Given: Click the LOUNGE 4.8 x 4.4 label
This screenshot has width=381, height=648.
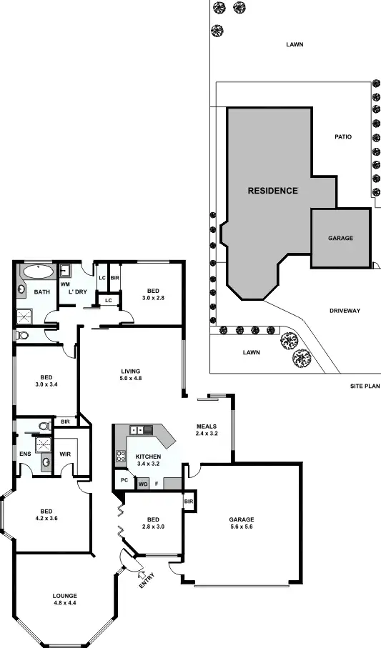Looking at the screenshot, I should [x=64, y=599].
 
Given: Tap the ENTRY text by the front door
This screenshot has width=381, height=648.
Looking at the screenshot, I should [x=147, y=582].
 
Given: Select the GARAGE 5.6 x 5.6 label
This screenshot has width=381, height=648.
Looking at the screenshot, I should [x=242, y=523].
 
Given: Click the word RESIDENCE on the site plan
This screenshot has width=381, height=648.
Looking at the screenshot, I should [x=272, y=191].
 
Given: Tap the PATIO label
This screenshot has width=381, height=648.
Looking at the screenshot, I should [x=343, y=136].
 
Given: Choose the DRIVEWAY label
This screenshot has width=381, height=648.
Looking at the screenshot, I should [x=345, y=311].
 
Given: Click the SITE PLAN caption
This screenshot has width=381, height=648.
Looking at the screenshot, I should [x=365, y=386].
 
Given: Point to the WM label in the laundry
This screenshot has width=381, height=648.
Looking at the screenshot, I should [x=64, y=284].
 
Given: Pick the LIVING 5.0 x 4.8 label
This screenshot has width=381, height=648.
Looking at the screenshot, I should [x=131, y=374].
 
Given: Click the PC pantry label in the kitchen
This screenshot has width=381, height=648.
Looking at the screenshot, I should [x=124, y=481].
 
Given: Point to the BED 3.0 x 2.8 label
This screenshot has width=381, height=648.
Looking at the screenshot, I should [x=153, y=294].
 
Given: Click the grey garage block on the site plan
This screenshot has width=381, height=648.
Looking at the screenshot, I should [x=340, y=239].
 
